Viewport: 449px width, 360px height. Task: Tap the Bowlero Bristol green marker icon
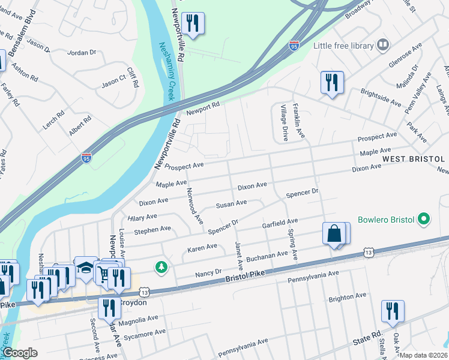coord(425,219)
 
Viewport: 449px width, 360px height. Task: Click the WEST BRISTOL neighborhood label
coord(413,158)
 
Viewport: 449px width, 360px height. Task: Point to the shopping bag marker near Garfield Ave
coord(334,234)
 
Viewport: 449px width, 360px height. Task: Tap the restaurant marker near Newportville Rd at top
coord(193,24)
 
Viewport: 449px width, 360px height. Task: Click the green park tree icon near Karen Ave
coord(161,266)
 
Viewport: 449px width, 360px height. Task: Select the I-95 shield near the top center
coord(294,46)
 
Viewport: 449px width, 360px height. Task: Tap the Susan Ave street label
coord(232,204)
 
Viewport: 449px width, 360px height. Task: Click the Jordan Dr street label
coord(82,53)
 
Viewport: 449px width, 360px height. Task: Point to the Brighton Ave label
coord(348,297)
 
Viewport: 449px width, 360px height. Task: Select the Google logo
coord(20,353)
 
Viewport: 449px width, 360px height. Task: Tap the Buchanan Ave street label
coord(267,256)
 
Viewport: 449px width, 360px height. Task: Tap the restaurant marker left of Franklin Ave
coord(331,83)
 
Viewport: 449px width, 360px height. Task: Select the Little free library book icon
coord(382,45)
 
